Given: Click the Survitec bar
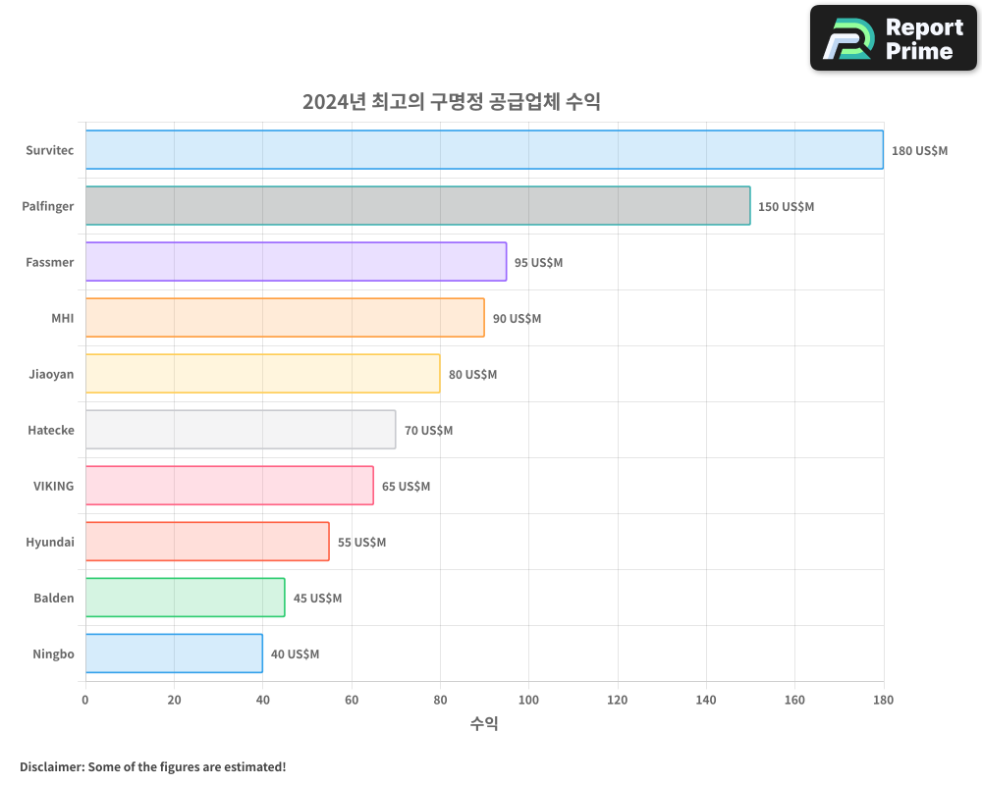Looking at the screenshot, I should tap(484, 150).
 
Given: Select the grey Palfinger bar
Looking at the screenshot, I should tap(417, 206).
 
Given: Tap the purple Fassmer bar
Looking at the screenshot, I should tap(296, 262).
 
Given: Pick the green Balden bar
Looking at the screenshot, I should tap(185, 598).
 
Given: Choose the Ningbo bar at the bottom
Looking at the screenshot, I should tap(174, 654).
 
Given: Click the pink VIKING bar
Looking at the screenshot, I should tap(229, 486).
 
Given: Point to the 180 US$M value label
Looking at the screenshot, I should tap(919, 151).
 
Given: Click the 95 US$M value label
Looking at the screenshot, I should tap(538, 263).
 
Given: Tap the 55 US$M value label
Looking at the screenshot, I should tap(361, 543).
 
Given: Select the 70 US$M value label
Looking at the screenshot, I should tap(428, 431).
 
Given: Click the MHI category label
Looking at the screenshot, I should tap(62, 318).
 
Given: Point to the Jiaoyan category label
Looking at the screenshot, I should tap(51, 374).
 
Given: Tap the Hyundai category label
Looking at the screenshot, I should tap(50, 542).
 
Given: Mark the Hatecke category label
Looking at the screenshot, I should tap(51, 430).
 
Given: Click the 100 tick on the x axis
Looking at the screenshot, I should tap(528, 700).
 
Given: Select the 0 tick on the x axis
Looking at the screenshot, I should tap(85, 700).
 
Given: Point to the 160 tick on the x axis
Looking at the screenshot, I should tap(794, 700).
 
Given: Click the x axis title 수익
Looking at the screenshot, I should tap(484, 724).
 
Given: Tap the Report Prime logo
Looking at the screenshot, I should tap(894, 38).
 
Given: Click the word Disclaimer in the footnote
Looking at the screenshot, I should tap(50, 766).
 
